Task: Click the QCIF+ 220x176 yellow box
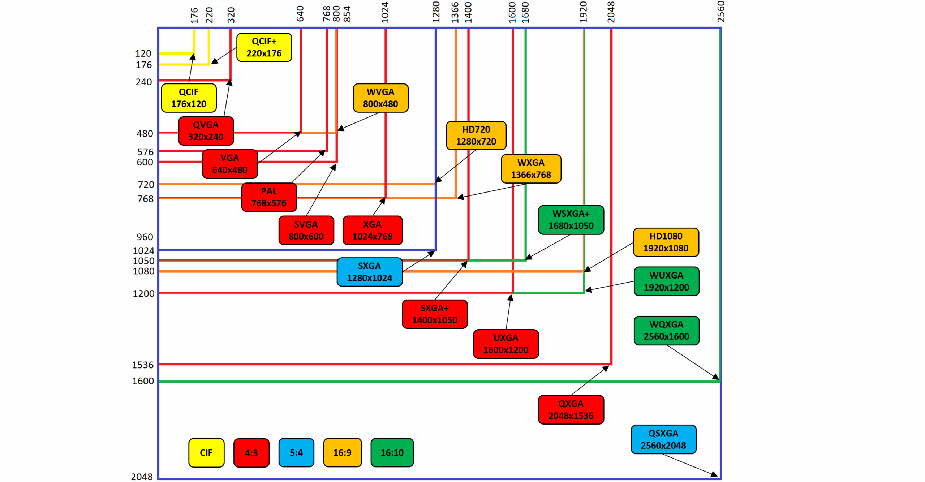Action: tap(264, 47)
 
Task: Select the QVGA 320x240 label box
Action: tap(206, 131)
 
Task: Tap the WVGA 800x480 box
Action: tap(380, 98)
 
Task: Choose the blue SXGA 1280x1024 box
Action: tap(369, 272)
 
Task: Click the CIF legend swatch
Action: tap(206, 452)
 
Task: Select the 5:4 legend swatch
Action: tap(296, 452)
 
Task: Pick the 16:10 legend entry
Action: tap(392, 452)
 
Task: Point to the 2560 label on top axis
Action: tap(720, 12)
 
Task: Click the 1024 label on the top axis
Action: tap(385, 13)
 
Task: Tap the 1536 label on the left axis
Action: tap(143, 365)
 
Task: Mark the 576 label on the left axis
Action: tap(145, 152)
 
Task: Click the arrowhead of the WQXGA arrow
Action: tap(716, 378)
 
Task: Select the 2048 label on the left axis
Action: tap(142, 477)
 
